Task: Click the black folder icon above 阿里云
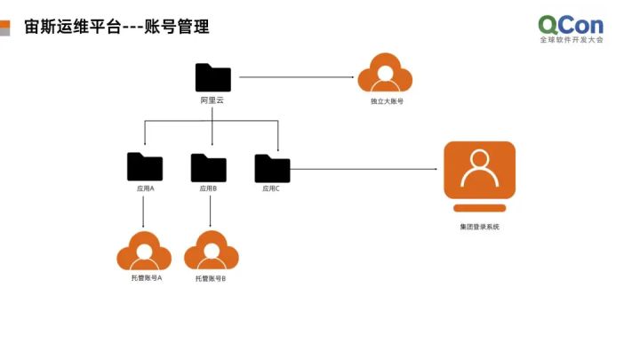pyautogui.click(x=212, y=78)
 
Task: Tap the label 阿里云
pyautogui.click(x=212, y=101)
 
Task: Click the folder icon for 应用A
pyautogui.click(x=145, y=166)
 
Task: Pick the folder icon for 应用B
pyautogui.click(x=209, y=167)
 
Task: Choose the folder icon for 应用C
pyautogui.click(x=272, y=168)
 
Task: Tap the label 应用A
pyautogui.click(x=145, y=188)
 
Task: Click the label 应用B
pyautogui.click(x=209, y=188)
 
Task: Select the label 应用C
pyautogui.click(x=271, y=188)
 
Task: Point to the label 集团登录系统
pyautogui.click(x=479, y=228)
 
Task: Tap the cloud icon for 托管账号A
pyautogui.click(x=144, y=252)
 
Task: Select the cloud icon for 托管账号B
pyautogui.click(x=211, y=252)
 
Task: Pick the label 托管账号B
pyautogui.click(x=211, y=279)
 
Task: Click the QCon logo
pyautogui.click(x=571, y=27)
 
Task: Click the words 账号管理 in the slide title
pyautogui.click(x=178, y=27)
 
